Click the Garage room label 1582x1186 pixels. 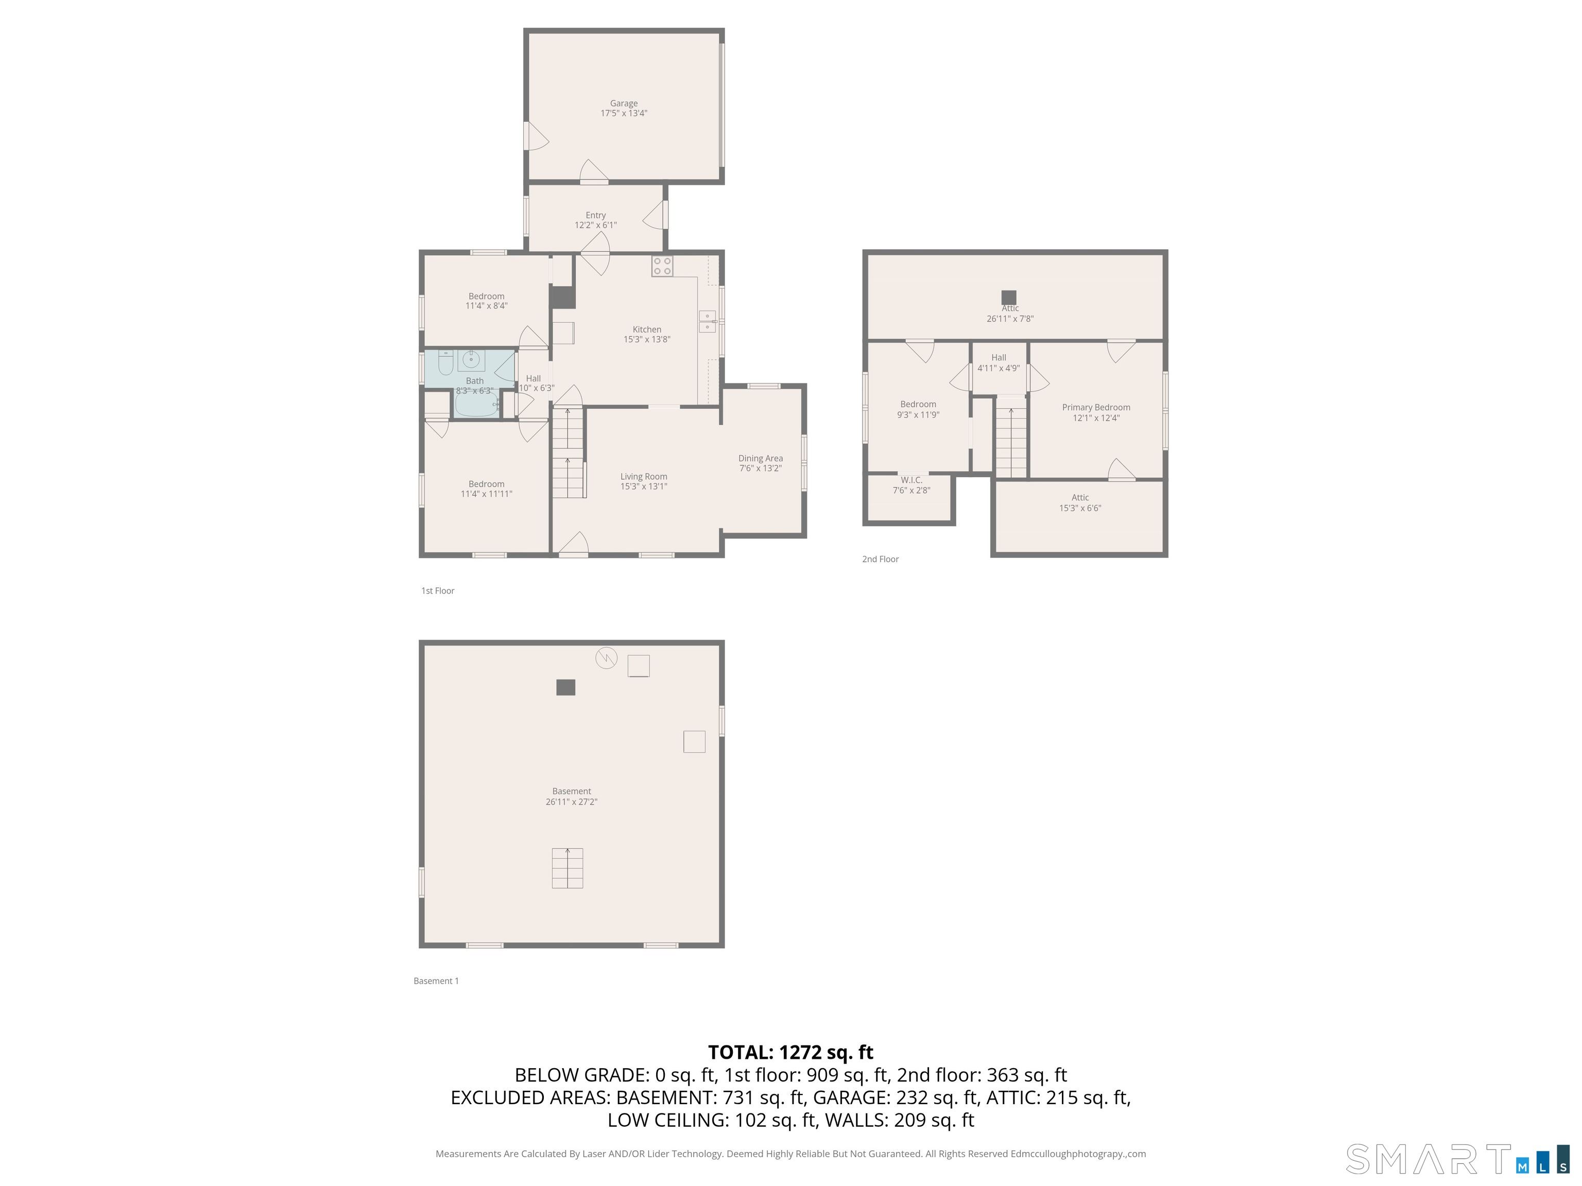(624, 108)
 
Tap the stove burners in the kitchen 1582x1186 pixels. (662, 266)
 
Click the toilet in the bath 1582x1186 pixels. (445, 364)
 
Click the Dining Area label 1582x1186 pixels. (760, 463)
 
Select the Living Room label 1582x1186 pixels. (644, 481)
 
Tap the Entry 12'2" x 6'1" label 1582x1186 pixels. (596, 219)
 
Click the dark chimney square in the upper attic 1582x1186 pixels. (1008, 296)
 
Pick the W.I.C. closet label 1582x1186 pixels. (911, 485)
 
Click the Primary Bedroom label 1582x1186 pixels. (1096, 412)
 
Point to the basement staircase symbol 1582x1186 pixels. (567, 868)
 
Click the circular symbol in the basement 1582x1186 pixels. (607, 658)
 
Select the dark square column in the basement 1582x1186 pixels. (566, 687)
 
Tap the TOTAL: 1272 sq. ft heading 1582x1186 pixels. (790, 1052)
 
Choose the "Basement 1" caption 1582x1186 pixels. (436, 981)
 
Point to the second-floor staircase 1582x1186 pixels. (1010, 442)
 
